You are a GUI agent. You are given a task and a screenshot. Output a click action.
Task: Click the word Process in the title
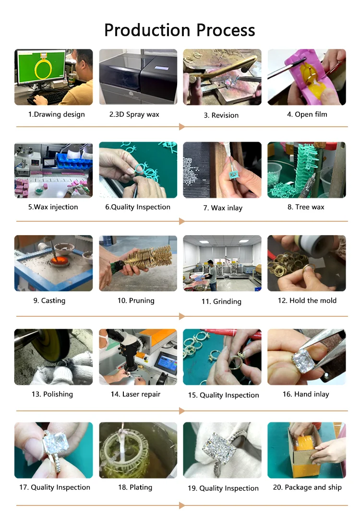coord(226,30)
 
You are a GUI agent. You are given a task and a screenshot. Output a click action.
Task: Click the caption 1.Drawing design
coord(56,115)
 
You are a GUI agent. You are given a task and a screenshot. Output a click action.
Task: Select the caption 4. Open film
coord(307,115)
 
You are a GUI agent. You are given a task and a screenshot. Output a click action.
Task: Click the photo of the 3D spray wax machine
coord(138,77)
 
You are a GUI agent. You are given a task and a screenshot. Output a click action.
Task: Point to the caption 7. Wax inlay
coord(223,208)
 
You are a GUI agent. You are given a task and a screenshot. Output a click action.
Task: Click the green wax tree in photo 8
coord(306,172)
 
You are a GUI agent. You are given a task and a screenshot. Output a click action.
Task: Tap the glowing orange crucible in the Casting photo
coord(59,260)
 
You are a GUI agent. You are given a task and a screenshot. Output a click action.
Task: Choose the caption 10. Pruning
coord(136,300)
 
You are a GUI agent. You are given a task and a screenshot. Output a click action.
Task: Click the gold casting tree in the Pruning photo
coord(148,258)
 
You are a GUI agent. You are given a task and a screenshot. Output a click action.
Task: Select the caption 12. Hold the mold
coord(307,300)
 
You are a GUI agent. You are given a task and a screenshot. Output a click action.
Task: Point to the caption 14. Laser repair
coord(135,394)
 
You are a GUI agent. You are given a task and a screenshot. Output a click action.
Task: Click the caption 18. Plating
coord(135,487)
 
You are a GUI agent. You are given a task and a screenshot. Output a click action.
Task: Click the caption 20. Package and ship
coord(307,487)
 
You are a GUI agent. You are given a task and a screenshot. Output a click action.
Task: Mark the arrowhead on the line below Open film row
coord(182,127)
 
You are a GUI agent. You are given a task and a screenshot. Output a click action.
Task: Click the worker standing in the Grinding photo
coord(212,275)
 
